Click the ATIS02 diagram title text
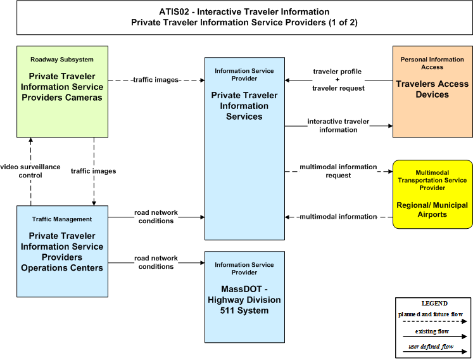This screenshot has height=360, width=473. pos(244,17)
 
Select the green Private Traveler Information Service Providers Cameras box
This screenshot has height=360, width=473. pos(62,91)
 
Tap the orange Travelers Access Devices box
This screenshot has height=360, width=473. pos(432,91)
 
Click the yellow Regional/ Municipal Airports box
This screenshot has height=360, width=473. pos(432,194)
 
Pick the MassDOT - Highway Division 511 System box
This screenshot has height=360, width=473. pos(244,297)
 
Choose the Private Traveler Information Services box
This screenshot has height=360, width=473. pos(244,148)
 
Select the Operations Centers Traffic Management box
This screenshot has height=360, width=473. pos(62,251)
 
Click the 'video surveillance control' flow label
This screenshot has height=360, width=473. pos(30,171)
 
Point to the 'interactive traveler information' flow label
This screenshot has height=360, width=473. pos(338,125)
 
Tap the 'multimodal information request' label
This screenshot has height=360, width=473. pos(338,171)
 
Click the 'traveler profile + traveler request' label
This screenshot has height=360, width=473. pos(338,80)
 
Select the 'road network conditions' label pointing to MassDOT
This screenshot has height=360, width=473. pos(156,262)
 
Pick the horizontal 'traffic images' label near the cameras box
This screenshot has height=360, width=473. pos(156,80)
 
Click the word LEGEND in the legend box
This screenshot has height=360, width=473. pos(434,303)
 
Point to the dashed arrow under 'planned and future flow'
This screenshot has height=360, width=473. pos(434,321)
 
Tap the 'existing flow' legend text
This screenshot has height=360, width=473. pos(432,331)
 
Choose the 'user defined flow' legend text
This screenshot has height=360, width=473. pos(431,347)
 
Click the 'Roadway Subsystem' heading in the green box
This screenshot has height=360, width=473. pos(62,60)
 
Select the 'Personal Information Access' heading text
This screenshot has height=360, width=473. pos(432,63)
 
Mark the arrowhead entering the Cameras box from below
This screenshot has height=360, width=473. pos(31,140)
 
